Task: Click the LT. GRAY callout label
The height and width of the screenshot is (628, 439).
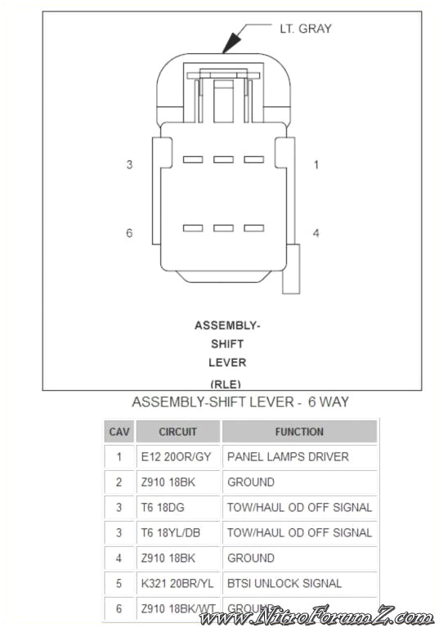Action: tap(306, 29)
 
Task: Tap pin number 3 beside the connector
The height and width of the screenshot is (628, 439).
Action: tap(129, 165)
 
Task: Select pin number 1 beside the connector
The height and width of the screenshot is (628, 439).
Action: tap(316, 165)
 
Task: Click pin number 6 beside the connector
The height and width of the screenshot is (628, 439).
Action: tap(129, 233)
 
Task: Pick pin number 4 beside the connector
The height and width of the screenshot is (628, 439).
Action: tap(316, 233)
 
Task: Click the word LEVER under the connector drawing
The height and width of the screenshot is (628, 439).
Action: tap(227, 362)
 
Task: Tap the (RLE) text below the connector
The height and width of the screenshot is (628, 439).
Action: tap(226, 383)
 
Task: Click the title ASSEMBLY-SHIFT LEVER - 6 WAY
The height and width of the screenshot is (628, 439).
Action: tap(240, 402)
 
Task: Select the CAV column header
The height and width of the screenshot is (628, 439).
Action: tap(119, 432)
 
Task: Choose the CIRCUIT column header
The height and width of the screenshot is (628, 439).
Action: tap(177, 432)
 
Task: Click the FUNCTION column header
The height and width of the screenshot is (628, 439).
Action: tap(299, 432)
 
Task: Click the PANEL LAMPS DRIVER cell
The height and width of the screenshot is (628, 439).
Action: tap(288, 457)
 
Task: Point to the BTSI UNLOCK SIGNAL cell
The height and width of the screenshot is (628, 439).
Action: tap(284, 584)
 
